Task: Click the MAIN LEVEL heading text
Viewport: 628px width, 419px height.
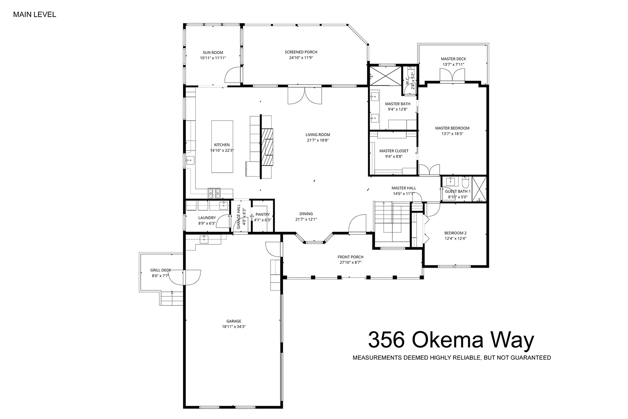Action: [x=35, y=15]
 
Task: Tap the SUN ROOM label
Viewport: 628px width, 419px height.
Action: [x=213, y=52]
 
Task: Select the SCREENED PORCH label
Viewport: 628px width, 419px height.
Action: [x=301, y=52]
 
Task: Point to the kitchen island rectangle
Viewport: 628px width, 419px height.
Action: [x=222, y=147]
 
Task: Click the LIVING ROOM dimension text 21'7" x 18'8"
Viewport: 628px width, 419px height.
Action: [x=317, y=140]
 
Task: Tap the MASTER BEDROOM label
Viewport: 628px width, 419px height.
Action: [x=452, y=128]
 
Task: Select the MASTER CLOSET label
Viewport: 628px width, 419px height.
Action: [x=394, y=151]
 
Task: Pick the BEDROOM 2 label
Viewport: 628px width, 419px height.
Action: [x=455, y=233]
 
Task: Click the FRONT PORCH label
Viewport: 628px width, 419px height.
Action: [x=350, y=257]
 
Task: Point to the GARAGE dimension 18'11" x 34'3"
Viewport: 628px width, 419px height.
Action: [x=234, y=327]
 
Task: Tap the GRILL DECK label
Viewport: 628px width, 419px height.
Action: [x=160, y=270]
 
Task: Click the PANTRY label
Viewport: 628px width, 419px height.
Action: [x=263, y=215]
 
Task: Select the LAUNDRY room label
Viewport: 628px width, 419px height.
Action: [x=207, y=218]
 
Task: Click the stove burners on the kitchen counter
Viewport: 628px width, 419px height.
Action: [x=214, y=193]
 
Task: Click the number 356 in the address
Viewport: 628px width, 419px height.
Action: [x=387, y=340]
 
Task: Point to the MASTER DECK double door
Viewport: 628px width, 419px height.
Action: [x=452, y=76]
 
